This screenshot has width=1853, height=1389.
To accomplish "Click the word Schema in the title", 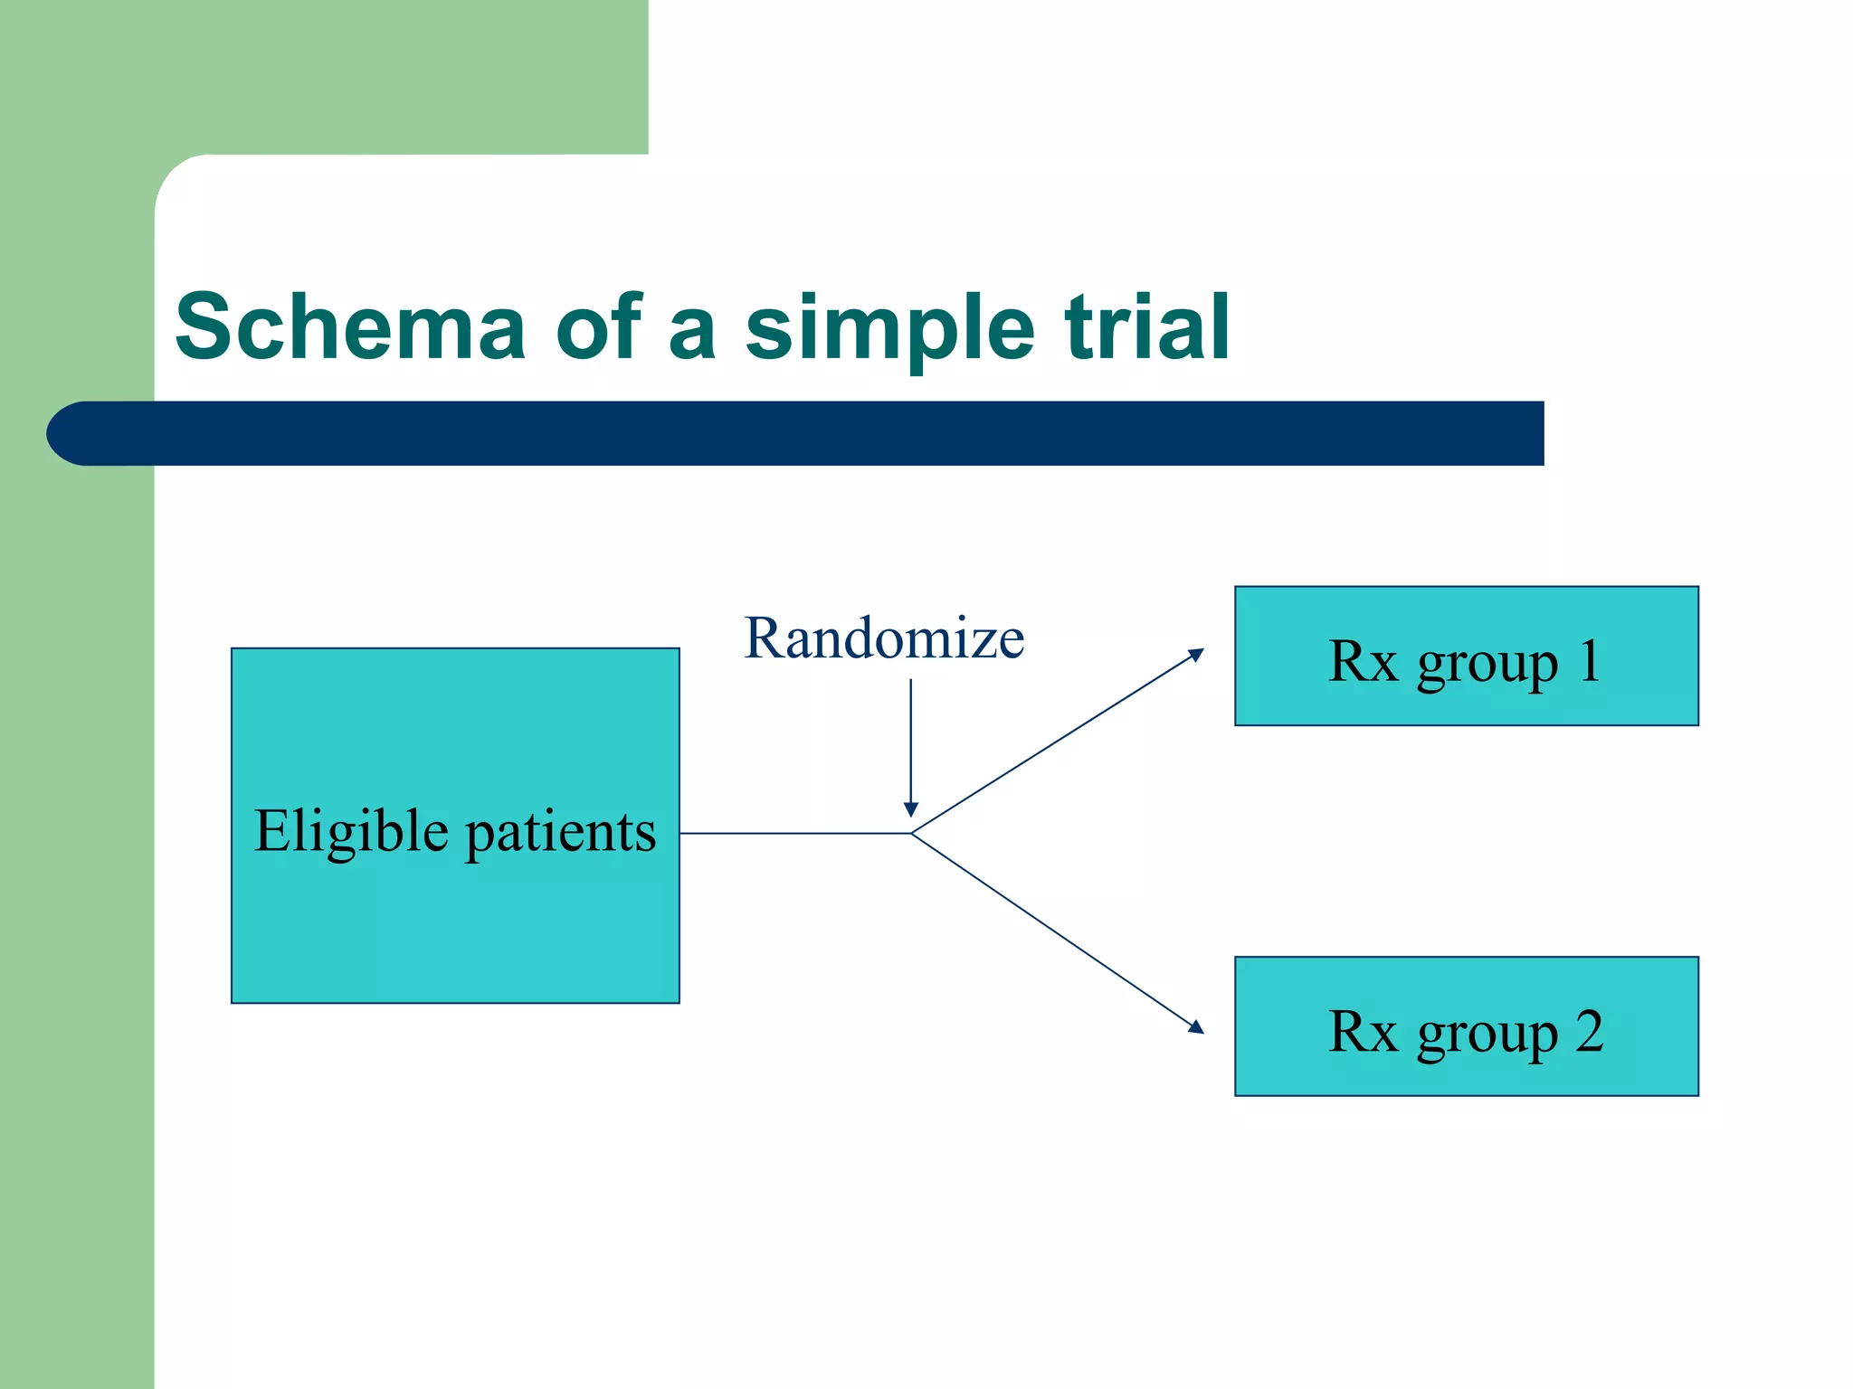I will [350, 327].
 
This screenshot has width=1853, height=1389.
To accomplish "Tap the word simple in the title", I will [888, 327].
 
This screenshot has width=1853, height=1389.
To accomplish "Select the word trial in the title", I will [1146, 327].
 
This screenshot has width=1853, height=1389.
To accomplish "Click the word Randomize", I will [884, 638].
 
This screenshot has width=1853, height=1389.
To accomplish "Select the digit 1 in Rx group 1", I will [1590, 661].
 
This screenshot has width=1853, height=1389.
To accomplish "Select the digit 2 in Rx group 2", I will [1590, 1031].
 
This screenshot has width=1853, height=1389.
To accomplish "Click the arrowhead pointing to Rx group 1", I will [1197, 654].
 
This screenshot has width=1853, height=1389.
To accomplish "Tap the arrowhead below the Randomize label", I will [911, 809].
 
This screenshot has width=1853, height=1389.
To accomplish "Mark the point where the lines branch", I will [911, 833].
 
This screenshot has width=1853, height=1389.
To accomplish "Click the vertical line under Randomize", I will [911, 742].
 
